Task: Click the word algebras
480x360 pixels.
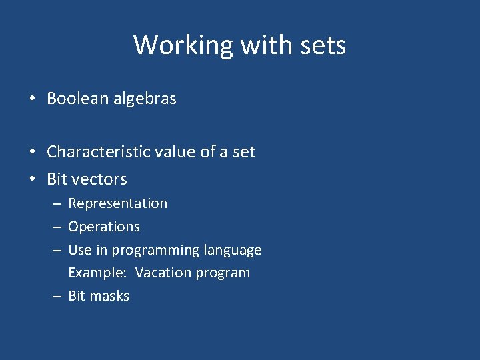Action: (x=144, y=99)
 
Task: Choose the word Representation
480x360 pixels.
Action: (x=118, y=203)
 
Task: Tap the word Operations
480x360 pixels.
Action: (x=104, y=227)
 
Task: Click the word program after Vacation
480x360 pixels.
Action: (x=223, y=273)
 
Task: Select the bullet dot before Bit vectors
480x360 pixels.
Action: (x=33, y=180)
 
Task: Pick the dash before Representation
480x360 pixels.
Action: (x=57, y=204)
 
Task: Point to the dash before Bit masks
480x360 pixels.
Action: (x=57, y=297)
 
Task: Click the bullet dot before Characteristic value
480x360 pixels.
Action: (x=33, y=153)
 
